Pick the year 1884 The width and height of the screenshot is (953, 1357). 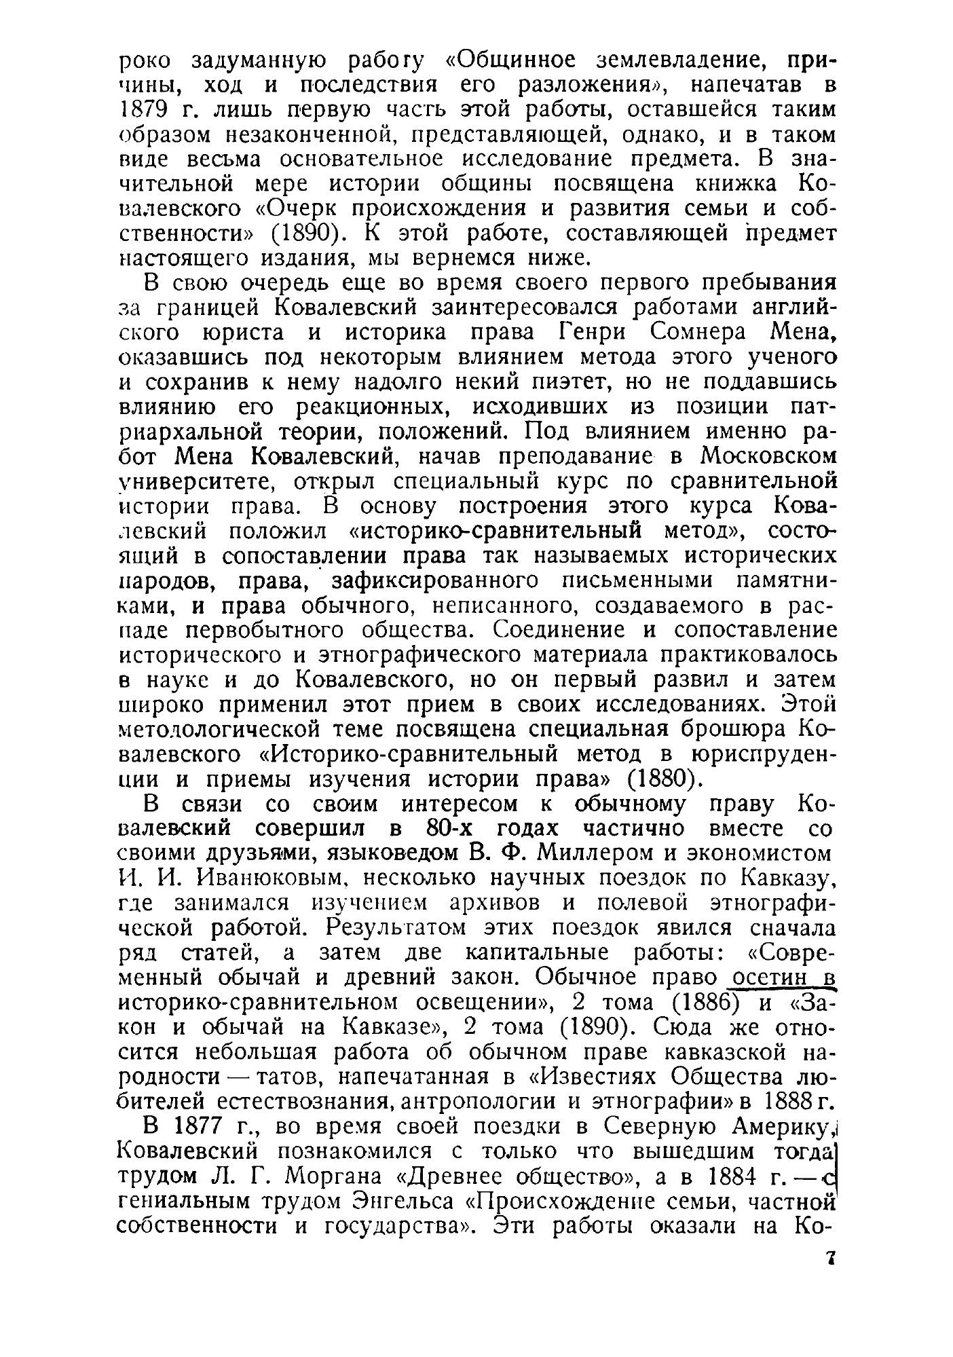point(737,1176)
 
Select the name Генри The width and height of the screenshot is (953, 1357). point(591,332)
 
